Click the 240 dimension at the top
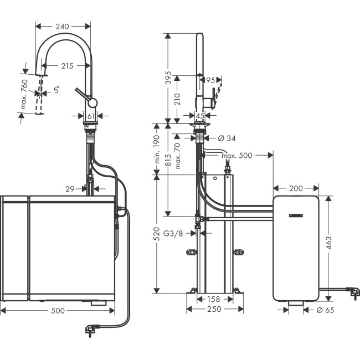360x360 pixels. [x=63, y=25]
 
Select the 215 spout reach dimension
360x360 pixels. [x=67, y=66]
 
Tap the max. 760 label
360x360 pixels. [x=24, y=92]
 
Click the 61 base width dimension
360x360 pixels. [x=91, y=116]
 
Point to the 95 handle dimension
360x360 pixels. [x=210, y=80]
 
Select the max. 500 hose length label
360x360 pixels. [x=236, y=156]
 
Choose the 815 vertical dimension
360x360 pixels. [x=168, y=160]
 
